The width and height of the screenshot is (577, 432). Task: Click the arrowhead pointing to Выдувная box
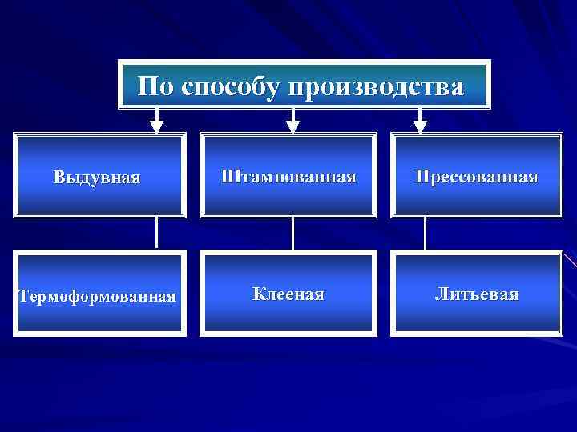pyautogui.click(x=157, y=126)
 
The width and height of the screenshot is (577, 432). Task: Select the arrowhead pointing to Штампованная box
pyautogui.click(x=293, y=126)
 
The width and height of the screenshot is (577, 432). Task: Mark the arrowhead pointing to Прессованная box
pyautogui.click(x=420, y=126)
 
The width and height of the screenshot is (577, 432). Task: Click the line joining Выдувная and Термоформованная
pyautogui.click(x=157, y=233)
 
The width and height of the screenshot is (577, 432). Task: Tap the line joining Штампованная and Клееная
pyautogui.click(x=293, y=233)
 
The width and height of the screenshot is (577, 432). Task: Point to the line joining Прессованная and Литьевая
pyautogui.click(x=425, y=233)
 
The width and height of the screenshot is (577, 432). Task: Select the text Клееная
pyautogui.click(x=288, y=294)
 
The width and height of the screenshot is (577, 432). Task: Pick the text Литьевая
pyautogui.click(x=476, y=294)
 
